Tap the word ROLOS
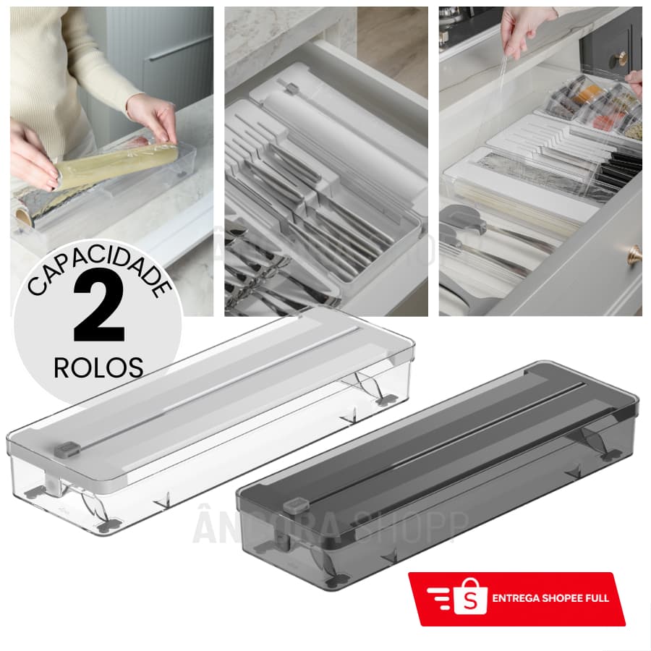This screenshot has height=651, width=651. click(98, 367)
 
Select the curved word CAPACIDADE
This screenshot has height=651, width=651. click(100, 269)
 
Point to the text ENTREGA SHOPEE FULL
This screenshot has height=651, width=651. click(550, 598)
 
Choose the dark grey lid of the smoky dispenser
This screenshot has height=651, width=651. click(448, 434)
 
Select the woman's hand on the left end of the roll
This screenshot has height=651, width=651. click(33, 163)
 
